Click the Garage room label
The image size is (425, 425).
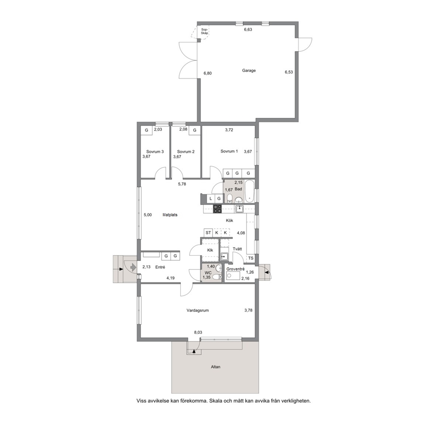(249, 70)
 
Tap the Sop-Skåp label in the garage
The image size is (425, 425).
(205, 31)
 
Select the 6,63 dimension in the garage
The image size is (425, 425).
(248, 30)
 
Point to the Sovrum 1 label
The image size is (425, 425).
(229, 151)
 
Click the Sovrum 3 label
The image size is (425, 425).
(155, 152)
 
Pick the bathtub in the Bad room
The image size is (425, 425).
(249, 192)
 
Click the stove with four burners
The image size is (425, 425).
(217, 209)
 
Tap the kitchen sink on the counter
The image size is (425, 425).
(239, 209)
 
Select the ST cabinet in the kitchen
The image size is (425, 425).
(208, 233)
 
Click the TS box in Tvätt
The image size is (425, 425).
(251, 258)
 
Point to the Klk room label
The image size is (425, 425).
(210, 250)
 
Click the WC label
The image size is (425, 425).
(208, 272)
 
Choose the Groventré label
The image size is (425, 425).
(236, 269)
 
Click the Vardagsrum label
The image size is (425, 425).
(198, 310)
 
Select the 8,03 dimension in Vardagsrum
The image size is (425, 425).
(198, 332)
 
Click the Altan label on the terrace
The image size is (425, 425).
(215, 367)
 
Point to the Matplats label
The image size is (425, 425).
(170, 215)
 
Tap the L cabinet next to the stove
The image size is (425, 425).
(211, 198)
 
